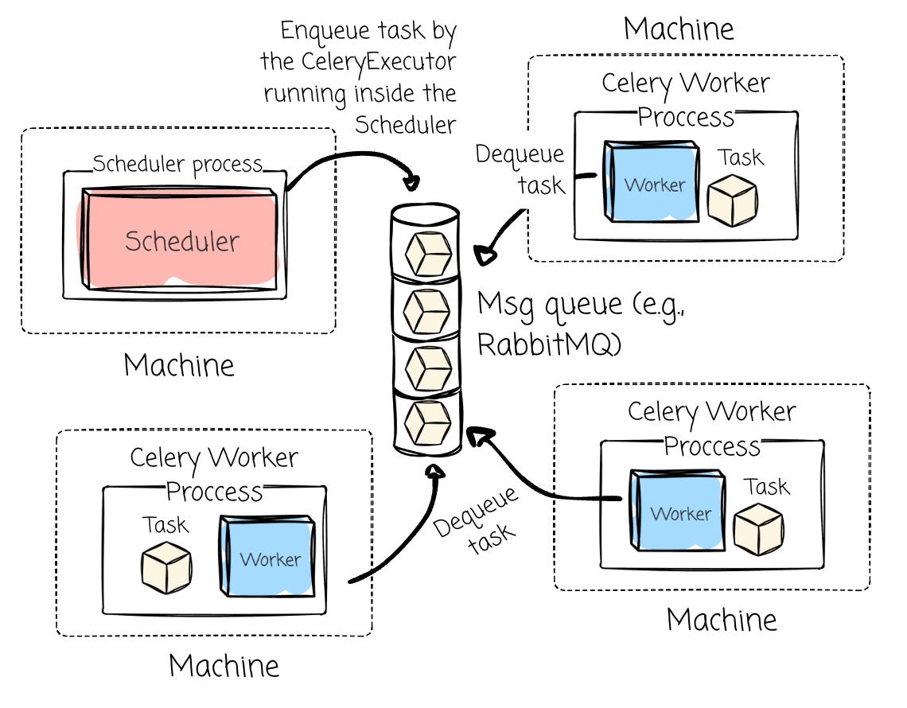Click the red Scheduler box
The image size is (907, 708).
(181, 239)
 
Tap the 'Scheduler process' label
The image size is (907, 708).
(177, 165)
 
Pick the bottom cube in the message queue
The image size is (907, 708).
(428, 422)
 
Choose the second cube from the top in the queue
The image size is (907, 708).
(428, 309)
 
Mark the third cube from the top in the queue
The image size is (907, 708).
(428, 366)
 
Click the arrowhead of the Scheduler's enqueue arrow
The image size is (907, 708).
(411, 183)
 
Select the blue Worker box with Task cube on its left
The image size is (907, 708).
(268, 556)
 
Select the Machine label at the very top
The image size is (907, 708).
(679, 29)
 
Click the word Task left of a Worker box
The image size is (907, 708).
(165, 525)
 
